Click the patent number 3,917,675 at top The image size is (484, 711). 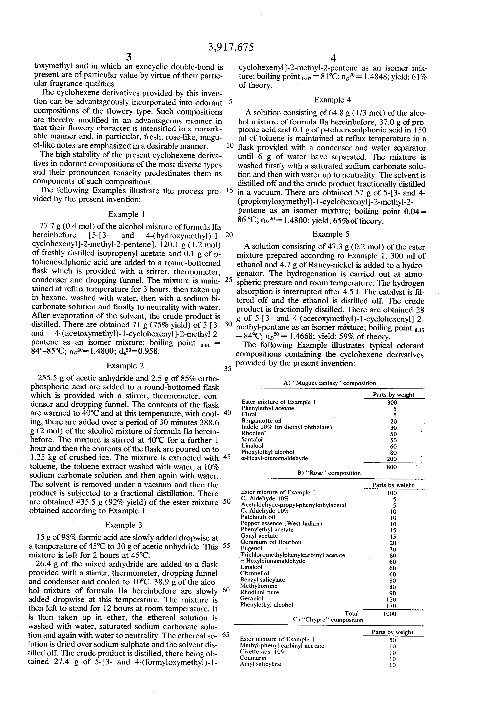tap(231, 47)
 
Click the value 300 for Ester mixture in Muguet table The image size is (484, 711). tap(392, 403)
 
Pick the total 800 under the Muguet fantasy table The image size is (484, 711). tap(392, 467)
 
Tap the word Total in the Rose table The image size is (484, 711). tap(352, 613)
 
